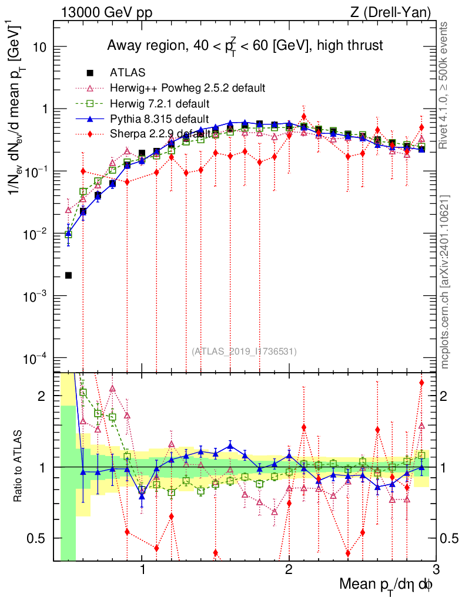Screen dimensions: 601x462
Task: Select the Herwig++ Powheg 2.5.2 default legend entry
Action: tap(188, 88)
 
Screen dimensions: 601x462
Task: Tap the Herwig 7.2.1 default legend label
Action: tap(160, 103)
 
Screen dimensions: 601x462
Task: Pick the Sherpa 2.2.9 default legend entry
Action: tap(160, 134)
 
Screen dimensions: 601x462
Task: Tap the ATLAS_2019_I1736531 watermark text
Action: tap(244, 352)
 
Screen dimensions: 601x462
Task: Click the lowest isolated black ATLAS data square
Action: tap(68, 275)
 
